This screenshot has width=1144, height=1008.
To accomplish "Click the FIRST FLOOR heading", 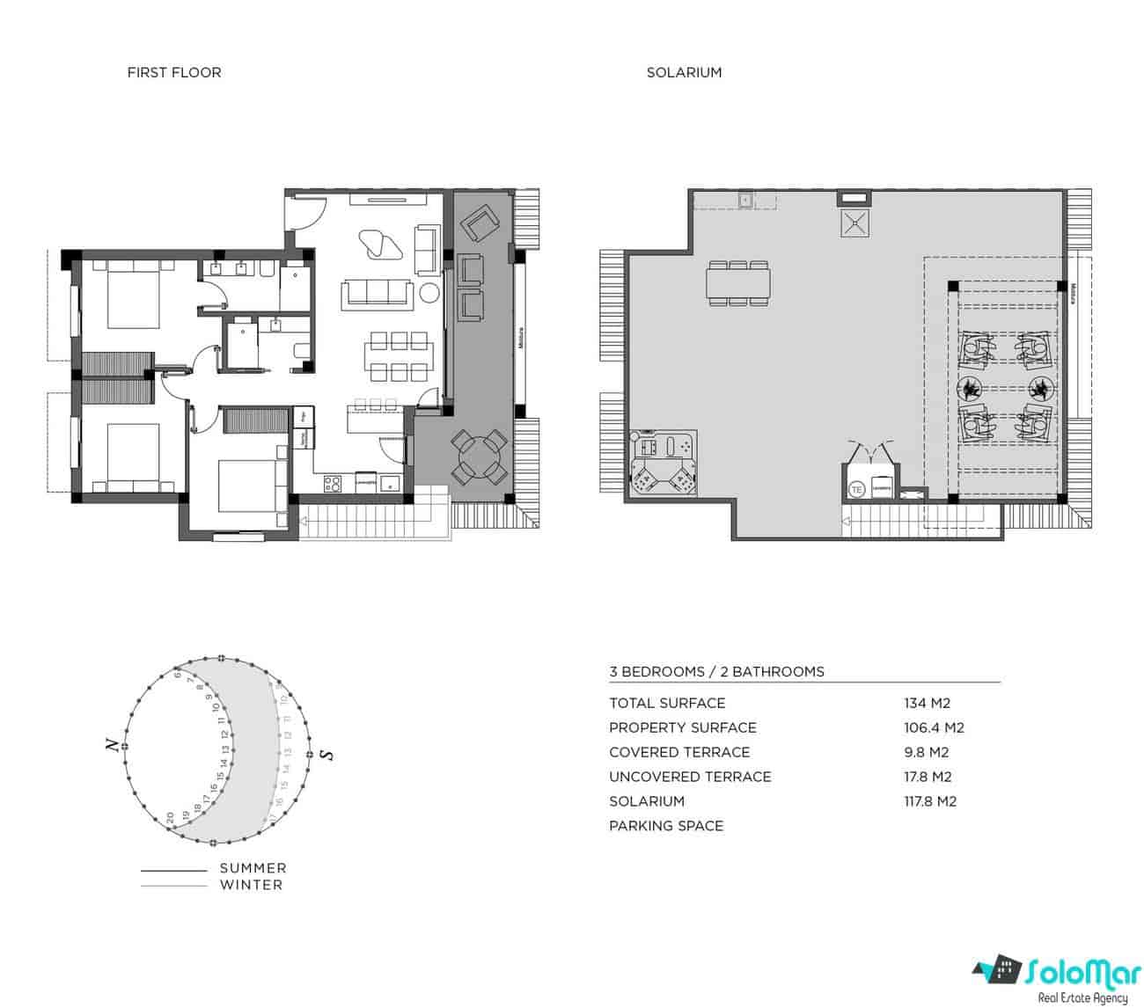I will pyautogui.click(x=174, y=73).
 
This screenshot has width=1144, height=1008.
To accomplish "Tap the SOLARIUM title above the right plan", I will pyautogui.click(x=684, y=73).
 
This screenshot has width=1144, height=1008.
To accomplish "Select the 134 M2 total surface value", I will pyautogui.click(x=927, y=704).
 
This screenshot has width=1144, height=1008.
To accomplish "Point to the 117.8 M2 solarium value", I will pyautogui.click(x=930, y=801).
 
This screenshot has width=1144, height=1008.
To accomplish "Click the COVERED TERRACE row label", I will pyautogui.click(x=679, y=752).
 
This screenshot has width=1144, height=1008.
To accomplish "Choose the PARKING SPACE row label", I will pyautogui.click(x=666, y=826).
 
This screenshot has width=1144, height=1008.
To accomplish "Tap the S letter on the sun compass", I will pyautogui.click(x=326, y=755).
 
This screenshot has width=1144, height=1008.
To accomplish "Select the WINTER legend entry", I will pyautogui.click(x=252, y=885).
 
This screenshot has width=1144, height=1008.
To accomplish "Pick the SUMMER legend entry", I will pyautogui.click(x=253, y=868).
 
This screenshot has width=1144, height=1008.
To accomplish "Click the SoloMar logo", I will pyautogui.click(x=1052, y=977).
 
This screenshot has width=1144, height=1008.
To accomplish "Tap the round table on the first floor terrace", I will pyautogui.click(x=480, y=457).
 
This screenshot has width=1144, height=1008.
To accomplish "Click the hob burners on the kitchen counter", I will pyautogui.click(x=334, y=482).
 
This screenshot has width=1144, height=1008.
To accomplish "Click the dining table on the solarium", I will pyautogui.click(x=738, y=283).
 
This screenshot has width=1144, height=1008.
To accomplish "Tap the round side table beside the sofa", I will pyautogui.click(x=429, y=293).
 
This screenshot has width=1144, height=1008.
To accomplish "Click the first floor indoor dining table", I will pyautogui.click(x=399, y=356).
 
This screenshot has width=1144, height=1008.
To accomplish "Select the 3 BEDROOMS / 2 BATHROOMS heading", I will pyautogui.click(x=716, y=672).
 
